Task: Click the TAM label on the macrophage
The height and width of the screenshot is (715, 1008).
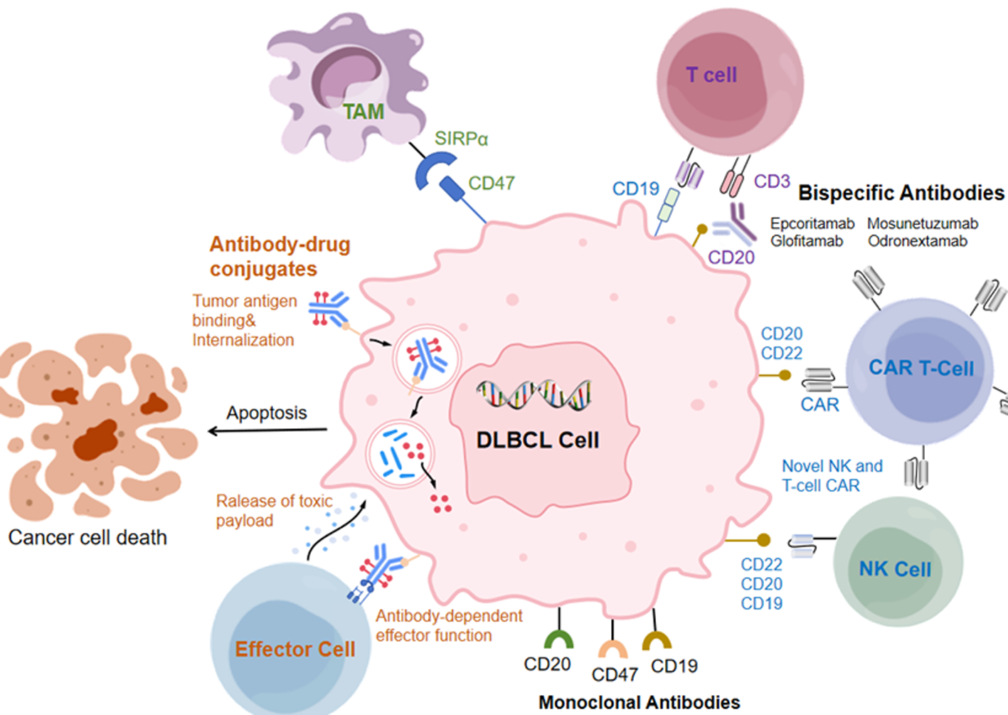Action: coord(363,112)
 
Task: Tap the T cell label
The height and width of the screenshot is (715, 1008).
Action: coord(711,75)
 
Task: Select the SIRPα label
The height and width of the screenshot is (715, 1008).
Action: coord(461,139)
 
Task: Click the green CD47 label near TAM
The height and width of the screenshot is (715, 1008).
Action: coord(491,184)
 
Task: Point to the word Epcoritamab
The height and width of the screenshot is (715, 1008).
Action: coord(812,223)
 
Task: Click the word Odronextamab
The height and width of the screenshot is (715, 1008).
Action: coord(917,241)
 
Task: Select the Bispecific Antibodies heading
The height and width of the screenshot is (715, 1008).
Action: coord(901,193)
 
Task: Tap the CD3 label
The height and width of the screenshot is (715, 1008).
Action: coord(772,181)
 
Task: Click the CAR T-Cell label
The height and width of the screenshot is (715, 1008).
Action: coord(921,368)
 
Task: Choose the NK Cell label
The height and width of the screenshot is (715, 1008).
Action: coord(894,569)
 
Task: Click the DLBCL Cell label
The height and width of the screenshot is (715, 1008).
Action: coord(538,440)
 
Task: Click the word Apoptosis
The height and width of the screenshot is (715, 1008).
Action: coord(267,413)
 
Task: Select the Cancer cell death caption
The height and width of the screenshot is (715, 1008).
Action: coord(87,537)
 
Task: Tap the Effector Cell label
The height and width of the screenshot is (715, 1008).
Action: coord(295,649)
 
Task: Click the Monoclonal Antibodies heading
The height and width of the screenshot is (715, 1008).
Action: coord(639,702)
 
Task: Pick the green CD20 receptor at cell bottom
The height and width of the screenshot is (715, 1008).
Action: coord(559,637)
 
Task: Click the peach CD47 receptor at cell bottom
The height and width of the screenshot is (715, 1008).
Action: coord(612,647)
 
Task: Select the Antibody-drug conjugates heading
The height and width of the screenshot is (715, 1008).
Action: coord(279,256)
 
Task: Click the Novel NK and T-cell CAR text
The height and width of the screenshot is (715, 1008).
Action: coord(832,475)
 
